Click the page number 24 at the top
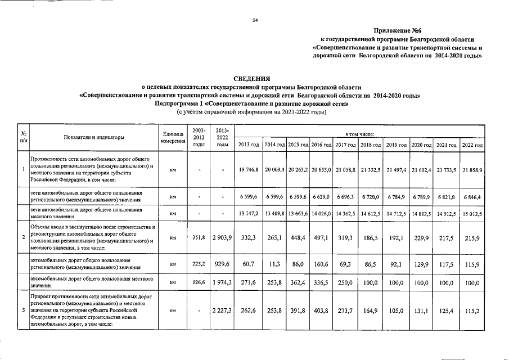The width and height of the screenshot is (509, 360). tap(255, 20)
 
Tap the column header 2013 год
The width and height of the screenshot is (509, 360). tap(249, 145)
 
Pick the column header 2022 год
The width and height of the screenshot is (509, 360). tap(472, 145)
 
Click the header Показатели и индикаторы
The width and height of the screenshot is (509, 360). tap(94, 137)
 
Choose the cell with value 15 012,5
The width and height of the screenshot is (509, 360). tap(472, 214)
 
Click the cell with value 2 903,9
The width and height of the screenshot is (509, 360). tap(223, 238)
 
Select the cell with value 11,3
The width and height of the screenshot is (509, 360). tap(274, 264)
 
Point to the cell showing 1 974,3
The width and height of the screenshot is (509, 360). tap(223, 281)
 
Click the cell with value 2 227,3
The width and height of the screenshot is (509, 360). tap(223, 309)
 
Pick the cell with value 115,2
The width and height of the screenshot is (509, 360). tap(472, 309)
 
